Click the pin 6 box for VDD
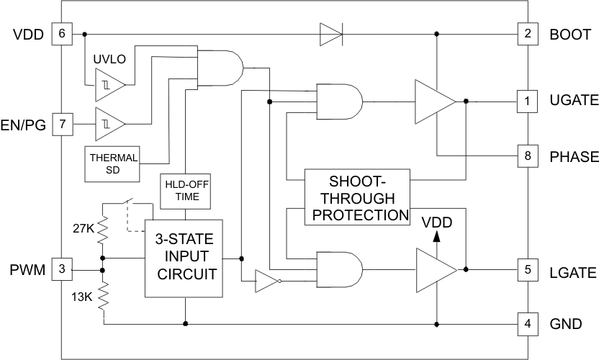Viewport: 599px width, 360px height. click(x=63, y=34)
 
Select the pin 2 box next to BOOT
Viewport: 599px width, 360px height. click(x=528, y=34)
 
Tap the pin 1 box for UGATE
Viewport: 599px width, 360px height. click(x=528, y=102)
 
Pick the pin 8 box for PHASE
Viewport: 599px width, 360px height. click(x=528, y=156)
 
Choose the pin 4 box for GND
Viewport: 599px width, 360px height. click(x=528, y=323)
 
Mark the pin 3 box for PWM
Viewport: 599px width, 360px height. click(x=63, y=271)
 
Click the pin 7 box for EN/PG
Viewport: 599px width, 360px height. click(x=63, y=125)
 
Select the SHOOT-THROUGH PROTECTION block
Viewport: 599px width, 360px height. click(x=356, y=197)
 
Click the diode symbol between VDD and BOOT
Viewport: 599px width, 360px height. click(x=331, y=34)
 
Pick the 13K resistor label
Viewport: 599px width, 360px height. click(x=82, y=297)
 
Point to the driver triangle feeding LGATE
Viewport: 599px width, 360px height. click(x=434, y=271)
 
